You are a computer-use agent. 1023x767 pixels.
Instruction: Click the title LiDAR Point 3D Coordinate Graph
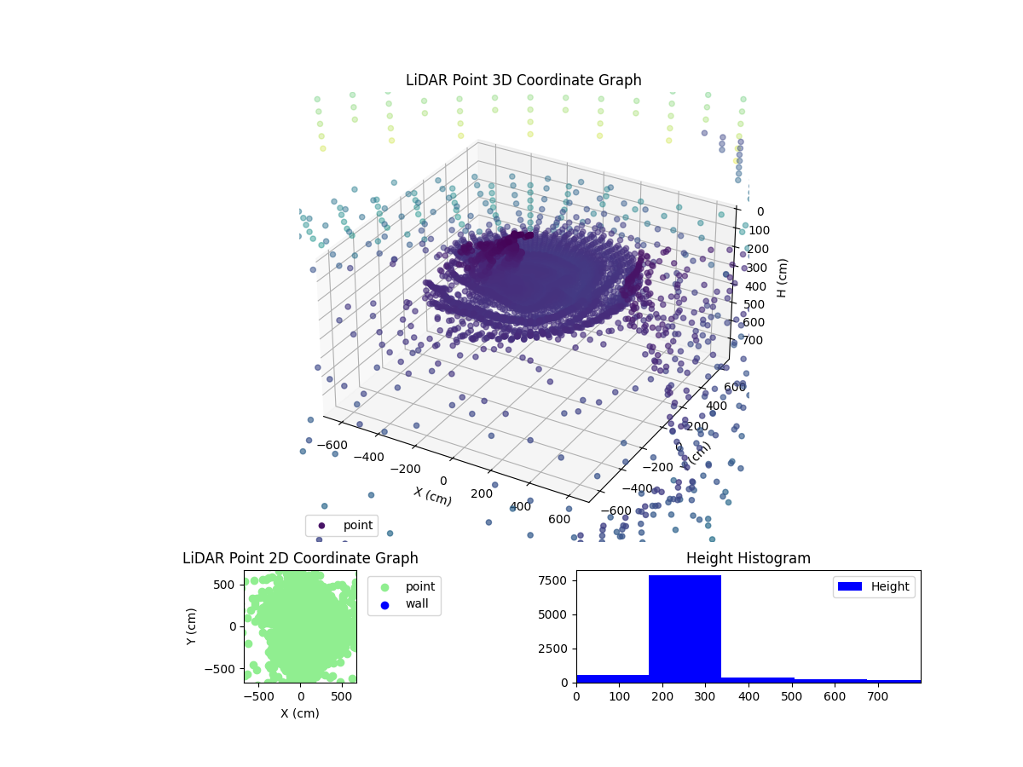point(523,80)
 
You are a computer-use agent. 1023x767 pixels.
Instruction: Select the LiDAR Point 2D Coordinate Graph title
point(300,558)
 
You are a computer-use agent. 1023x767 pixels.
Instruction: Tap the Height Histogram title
point(748,558)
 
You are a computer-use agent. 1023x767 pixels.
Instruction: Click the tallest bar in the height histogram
point(685,629)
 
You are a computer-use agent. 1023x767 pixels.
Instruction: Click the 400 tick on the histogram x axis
point(748,696)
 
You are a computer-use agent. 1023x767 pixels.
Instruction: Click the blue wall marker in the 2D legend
point(384,605)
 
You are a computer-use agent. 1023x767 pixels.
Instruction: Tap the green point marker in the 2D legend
point(384,587)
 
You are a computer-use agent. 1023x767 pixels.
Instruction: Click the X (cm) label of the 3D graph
point(432,497)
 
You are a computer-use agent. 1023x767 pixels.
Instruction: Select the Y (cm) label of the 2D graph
point(193,626)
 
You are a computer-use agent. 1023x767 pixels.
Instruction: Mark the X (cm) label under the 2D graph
point(300,713)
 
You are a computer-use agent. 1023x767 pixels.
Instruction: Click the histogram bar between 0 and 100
point(612,678)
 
